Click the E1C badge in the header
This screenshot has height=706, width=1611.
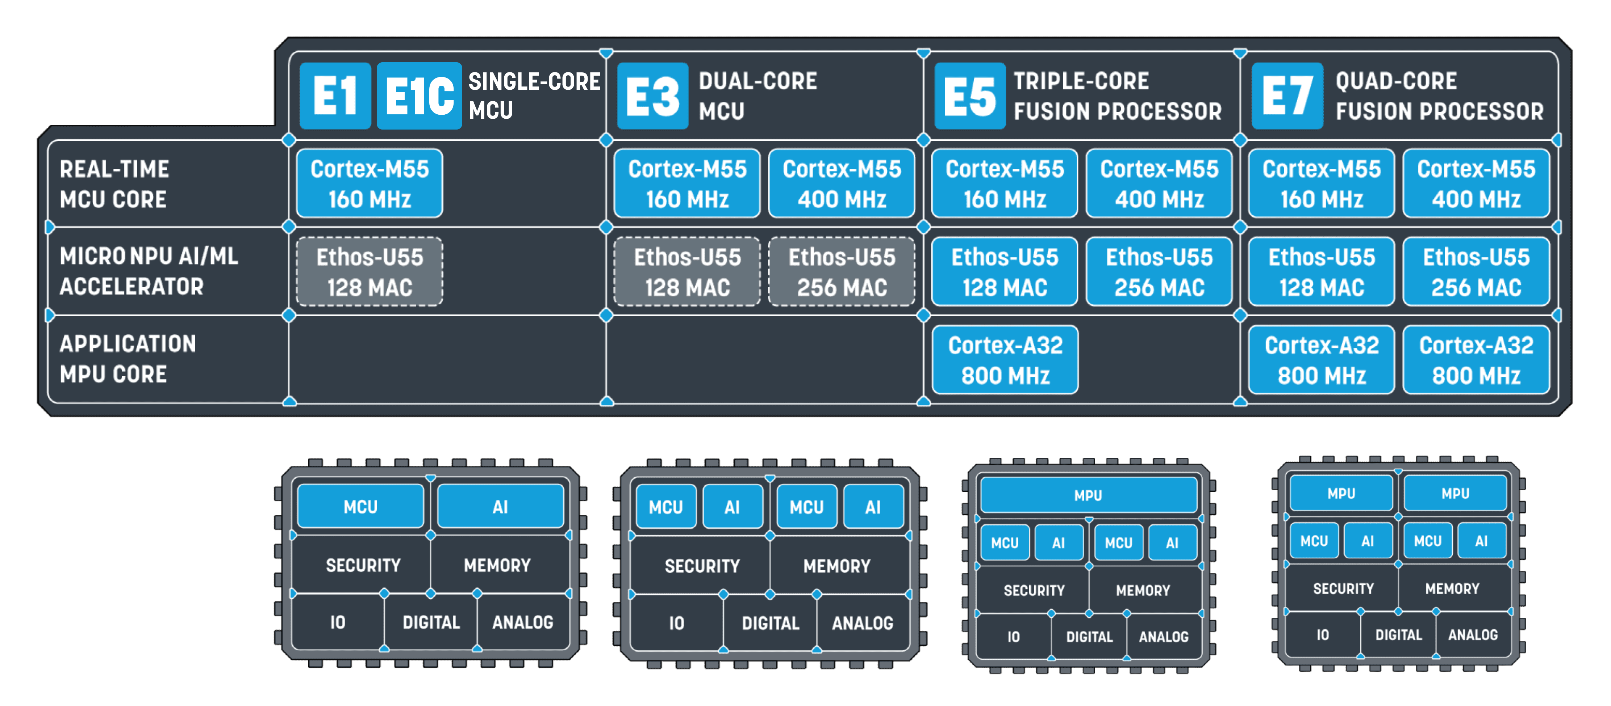(x=419, y=96)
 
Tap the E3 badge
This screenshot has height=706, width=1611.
(x=652, y=96)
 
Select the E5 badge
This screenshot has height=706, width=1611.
(x=969, y=96)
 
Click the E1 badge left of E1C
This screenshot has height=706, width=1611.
(x=335, y=96)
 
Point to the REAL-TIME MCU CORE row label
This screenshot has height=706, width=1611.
(x=114, y=184)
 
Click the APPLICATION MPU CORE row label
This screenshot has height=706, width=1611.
(x=128, y=359)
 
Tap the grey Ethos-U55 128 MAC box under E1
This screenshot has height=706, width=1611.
(x=370, y=272)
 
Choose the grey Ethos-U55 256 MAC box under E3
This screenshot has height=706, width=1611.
(x=842, y=272)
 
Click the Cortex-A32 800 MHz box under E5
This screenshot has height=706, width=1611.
(x=1005, y=360)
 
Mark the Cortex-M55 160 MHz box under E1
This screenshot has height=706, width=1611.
(x=370, y=184)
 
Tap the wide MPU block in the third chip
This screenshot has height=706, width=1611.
(x=1088, y=495)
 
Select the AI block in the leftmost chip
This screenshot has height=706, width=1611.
(x=500, y=507)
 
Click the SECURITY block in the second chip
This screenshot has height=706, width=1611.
(x=702, y=566)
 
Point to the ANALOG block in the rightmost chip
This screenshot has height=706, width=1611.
(x=1473, y=635)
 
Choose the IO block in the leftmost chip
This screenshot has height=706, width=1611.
(x=338, y=622)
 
